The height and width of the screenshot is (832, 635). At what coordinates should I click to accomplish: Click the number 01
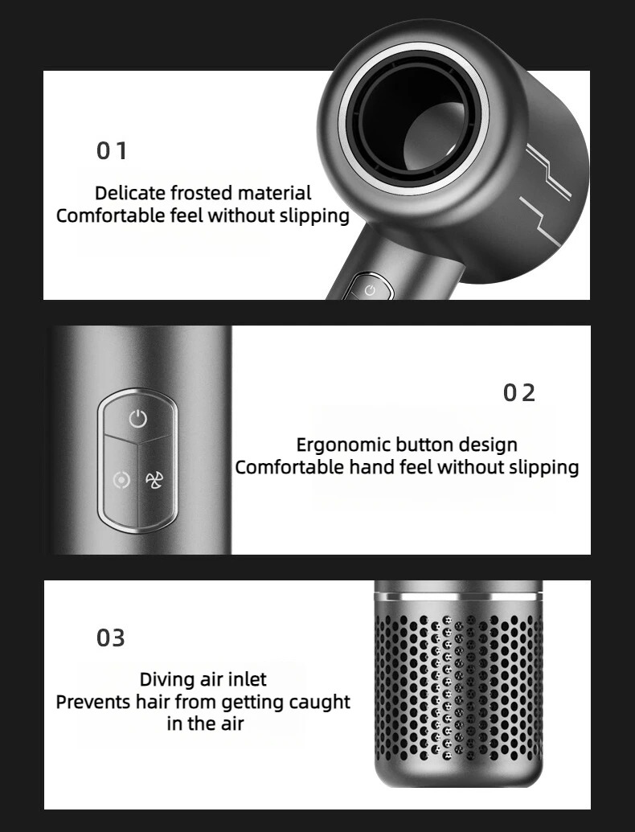point(112,150)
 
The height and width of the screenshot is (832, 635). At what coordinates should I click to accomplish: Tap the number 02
point(518,392)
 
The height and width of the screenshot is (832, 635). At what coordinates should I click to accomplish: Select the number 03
point(111,637)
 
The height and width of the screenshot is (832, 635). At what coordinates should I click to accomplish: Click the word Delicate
point(130,193)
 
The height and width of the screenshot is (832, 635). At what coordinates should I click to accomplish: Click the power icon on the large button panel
point(138,419)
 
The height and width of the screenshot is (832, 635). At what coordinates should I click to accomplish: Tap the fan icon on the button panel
point(154,480)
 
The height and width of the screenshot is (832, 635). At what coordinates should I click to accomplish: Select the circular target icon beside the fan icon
point(121,481)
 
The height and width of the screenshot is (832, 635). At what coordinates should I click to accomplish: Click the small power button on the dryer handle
point(370,290)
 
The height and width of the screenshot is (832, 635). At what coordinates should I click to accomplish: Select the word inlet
point(248,679)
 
